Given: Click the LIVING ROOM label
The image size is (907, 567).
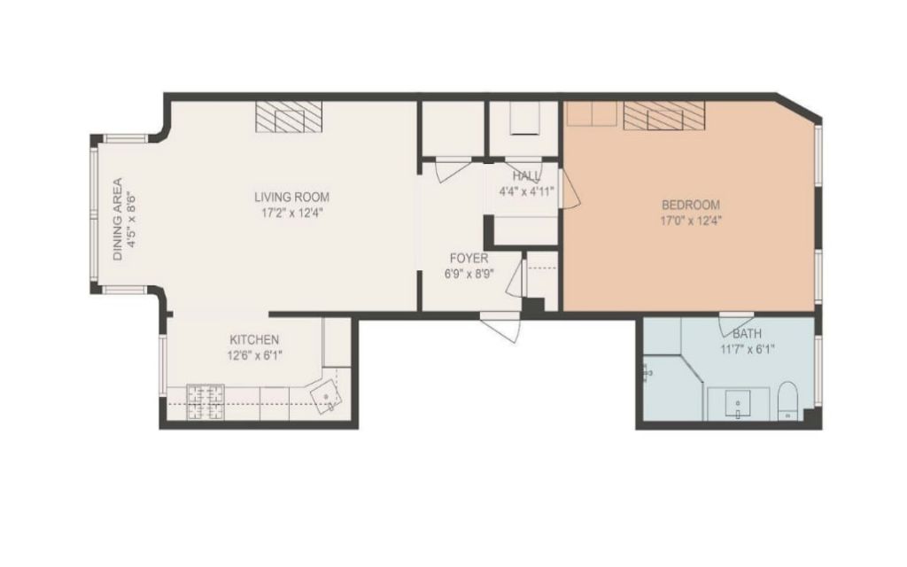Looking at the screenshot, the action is coord(291,197).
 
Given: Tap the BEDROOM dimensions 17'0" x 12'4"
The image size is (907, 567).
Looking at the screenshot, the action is coord(691,221).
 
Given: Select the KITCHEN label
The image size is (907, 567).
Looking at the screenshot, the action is coord(254,339).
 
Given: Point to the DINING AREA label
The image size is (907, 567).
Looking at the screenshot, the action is coord(118,219).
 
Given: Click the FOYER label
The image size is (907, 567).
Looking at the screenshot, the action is coord(469,258).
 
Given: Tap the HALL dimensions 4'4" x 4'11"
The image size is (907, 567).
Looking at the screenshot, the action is coord(527,191).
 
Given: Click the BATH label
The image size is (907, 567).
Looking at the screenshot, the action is coord(748,334).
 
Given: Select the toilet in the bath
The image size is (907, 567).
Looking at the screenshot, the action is coord(787,400).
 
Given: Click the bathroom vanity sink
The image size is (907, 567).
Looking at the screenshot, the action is coord(739,404).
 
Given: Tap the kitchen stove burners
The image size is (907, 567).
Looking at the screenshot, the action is coord(205,402).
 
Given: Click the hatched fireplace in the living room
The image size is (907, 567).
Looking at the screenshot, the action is coord(289,117).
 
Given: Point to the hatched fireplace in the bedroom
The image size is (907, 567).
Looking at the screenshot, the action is coord(664,116).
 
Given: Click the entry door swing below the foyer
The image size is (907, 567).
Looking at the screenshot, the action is coord(501,328).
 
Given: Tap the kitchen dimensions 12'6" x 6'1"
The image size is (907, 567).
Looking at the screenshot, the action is coord(254,355).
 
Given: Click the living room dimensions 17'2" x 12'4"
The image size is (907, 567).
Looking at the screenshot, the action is coord(291,213).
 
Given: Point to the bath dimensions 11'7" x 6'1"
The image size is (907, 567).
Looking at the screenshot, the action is coord(748,349).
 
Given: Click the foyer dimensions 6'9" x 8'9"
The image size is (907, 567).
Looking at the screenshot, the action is coord(469,274).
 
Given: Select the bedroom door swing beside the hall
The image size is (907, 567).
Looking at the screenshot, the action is coord(570,185).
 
